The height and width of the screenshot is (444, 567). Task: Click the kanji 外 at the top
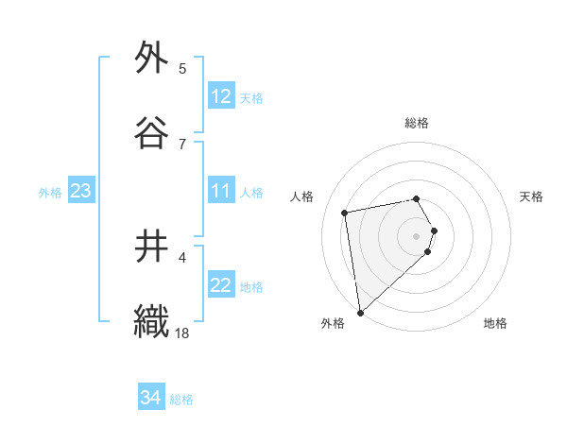pos(151,59)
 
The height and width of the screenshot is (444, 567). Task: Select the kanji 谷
pos(151,132)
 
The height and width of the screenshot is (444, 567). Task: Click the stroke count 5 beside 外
pos(182,69)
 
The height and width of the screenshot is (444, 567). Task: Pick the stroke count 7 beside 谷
pos(182,144)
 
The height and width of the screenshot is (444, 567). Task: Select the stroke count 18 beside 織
pos(182,333)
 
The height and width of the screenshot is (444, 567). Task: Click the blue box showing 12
pos(220,96)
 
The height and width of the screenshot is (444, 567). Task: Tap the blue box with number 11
pos(220,191)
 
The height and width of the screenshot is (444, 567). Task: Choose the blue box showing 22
pos(220,285)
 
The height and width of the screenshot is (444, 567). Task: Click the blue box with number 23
pos(80,191)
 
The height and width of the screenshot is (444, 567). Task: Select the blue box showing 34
pos(151,398)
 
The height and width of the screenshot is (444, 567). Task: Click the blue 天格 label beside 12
pos(250,97)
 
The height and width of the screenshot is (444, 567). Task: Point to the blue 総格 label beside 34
pos(181,400)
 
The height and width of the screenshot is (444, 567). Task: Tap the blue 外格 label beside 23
pos(50,192)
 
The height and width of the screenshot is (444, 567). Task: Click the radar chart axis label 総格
pos(417,123)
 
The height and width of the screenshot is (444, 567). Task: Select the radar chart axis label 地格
pos(495,323)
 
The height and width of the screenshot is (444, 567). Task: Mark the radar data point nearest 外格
pos(360,312)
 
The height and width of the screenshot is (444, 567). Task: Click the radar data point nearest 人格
pos(345,212)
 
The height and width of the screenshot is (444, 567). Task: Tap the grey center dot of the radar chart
pos(417,235)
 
